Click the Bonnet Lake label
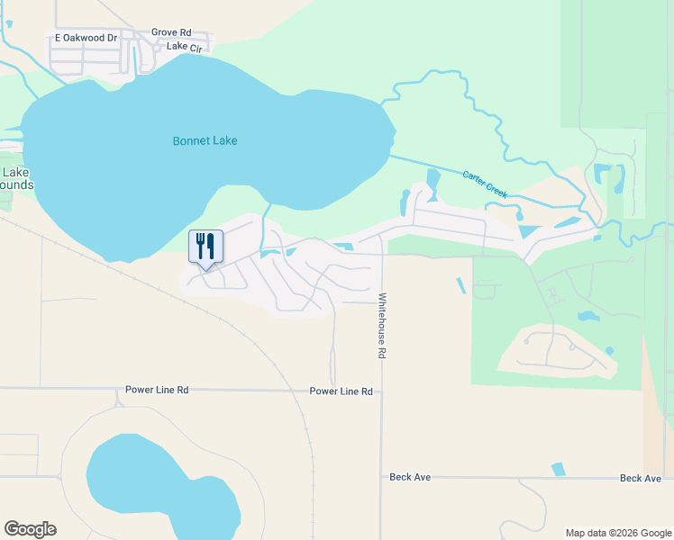205,141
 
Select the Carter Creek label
485,184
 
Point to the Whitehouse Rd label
382,326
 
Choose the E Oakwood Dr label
87,38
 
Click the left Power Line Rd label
157,391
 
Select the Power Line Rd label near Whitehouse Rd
341,391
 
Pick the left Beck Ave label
410,477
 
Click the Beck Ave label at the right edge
641,478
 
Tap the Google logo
30,529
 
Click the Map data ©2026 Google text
618,533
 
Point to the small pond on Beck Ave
559,469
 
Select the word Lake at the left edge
15,172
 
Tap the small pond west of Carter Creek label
433,178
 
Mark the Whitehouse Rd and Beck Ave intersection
382,477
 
